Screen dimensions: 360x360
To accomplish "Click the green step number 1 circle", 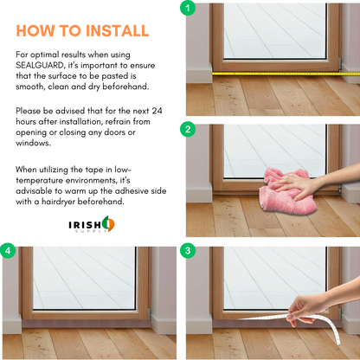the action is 188,8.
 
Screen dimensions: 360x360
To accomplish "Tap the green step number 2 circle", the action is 188,129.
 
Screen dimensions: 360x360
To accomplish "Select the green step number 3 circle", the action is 188,250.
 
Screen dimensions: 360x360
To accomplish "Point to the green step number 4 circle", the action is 8,250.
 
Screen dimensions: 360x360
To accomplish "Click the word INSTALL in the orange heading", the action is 117,31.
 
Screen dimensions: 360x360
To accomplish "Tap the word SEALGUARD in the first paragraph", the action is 40,65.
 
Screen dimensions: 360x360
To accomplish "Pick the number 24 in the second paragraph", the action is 157,111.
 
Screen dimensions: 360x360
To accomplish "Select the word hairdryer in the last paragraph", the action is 58,202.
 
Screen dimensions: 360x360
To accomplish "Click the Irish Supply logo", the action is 92,224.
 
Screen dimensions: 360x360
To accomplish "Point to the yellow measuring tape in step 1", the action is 286,74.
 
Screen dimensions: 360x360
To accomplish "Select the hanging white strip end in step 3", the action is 335,331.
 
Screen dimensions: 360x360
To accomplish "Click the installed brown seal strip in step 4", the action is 87,324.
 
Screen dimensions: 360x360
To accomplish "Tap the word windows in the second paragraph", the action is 33,143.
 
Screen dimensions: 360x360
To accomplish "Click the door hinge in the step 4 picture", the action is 150,314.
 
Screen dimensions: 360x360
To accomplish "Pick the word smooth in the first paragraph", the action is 29,87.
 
